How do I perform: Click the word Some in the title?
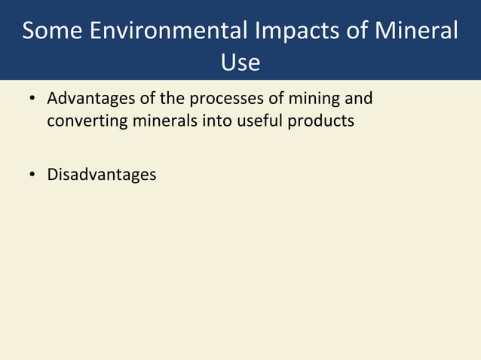click(53, 31)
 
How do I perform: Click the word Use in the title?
click(240, 63)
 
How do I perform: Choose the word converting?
click(82, 121)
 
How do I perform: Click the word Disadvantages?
click(102, 175)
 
